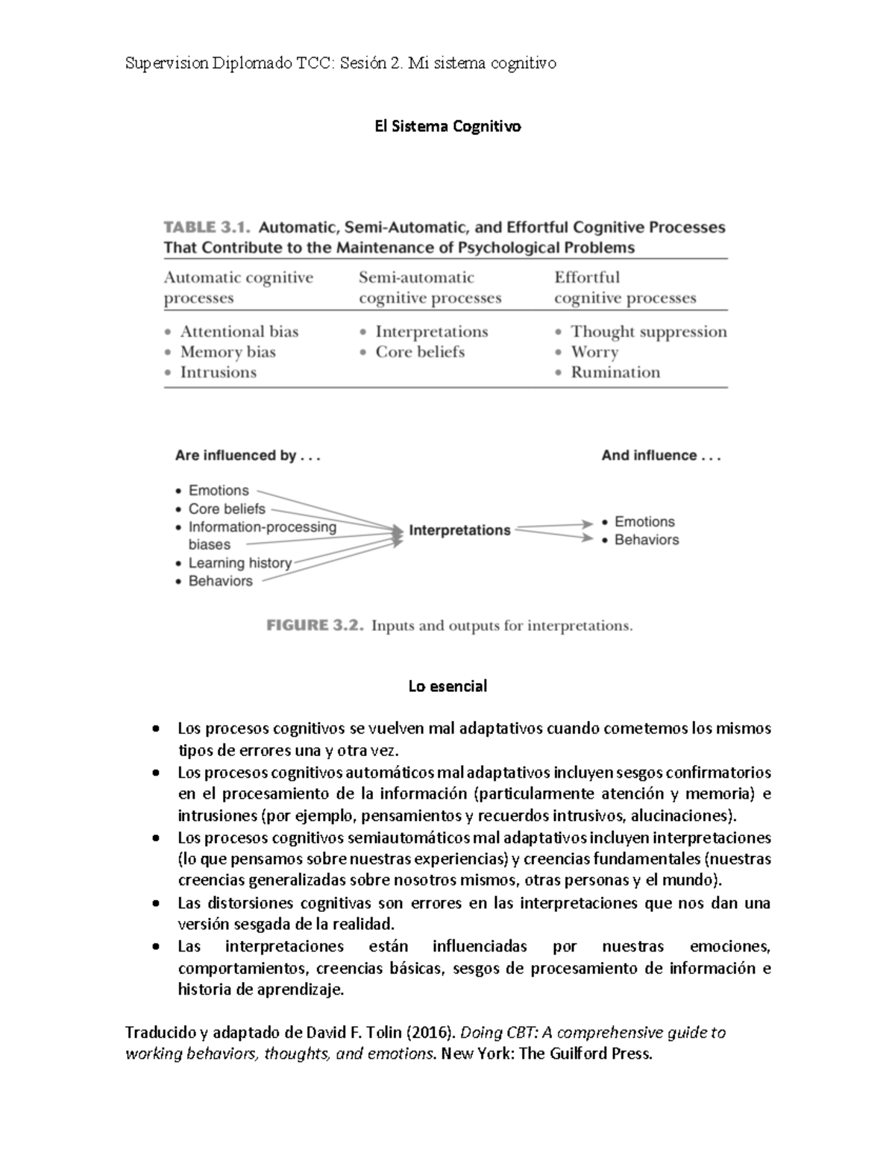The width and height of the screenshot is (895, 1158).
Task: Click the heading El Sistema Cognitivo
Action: click(x=447, y=127)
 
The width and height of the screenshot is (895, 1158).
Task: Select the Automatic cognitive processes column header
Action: click(x=238, y=288)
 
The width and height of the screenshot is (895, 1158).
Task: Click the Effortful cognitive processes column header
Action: click(x=624, y=288)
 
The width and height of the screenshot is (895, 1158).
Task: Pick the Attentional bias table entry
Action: click(x=239, y=332)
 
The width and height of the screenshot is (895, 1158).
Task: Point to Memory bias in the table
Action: click(x=227, y=352)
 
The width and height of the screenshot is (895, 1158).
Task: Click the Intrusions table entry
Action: click(x=218, y=372)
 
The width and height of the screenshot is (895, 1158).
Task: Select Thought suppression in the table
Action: click(x=648, y=332)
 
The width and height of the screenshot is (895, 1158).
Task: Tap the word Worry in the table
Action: click(x=594, y=352)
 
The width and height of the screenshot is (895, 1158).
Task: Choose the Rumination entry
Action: click(x=615, y=372)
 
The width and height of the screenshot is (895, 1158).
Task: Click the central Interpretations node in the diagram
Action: click(x=459, y=530)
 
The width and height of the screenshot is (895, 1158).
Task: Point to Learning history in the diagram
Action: click(x=239, y=563)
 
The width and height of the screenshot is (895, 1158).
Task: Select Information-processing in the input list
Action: click(x=262, y=527)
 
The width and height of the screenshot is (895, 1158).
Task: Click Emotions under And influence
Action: click(x=644, y=522)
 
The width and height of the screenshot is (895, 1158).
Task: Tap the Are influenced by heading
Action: click(x=247, y=456)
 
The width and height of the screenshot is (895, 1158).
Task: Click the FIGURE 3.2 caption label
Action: click(x=315, y=626)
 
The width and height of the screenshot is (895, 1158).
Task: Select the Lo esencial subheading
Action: click(x=447, y=686)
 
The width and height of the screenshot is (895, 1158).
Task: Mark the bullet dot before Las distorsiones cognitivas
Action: click(x=155, y=904)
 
